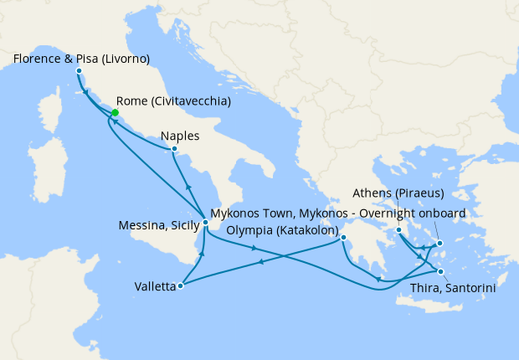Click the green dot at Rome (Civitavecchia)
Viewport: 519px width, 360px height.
coord(115,113)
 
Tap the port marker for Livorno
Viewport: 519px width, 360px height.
coord(80,71)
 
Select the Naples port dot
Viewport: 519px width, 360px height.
coord(173,150)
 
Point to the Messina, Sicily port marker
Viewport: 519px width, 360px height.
coord(205,222)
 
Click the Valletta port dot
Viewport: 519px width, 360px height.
coord(181,285)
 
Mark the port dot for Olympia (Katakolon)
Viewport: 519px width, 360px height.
coord(343,238)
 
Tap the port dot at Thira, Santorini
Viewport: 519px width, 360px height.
coord(441,272)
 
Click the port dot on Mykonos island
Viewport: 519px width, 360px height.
coord(439,244)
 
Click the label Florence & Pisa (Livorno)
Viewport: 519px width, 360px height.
coord(81,59)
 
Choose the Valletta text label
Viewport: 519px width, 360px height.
coord(155,286)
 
